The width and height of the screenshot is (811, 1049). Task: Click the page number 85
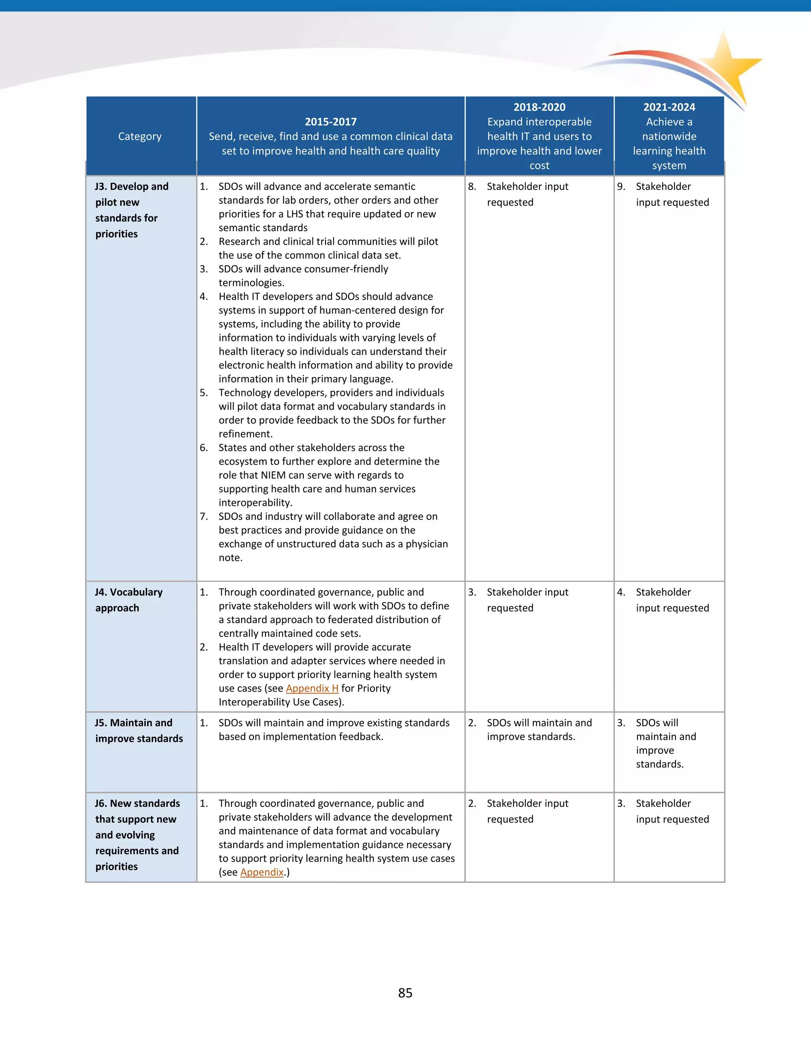405,993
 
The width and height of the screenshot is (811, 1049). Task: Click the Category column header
140,137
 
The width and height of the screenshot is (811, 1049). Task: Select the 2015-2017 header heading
331,122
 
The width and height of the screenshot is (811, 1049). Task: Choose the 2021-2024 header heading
669,107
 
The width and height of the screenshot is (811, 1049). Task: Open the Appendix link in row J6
262,872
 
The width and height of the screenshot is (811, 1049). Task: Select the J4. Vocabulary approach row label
128,600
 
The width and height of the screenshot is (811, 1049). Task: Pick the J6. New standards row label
137,835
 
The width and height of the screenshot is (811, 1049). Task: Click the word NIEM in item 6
273,475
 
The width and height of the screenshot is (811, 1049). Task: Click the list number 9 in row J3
621,186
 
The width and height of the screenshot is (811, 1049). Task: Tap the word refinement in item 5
245,434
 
